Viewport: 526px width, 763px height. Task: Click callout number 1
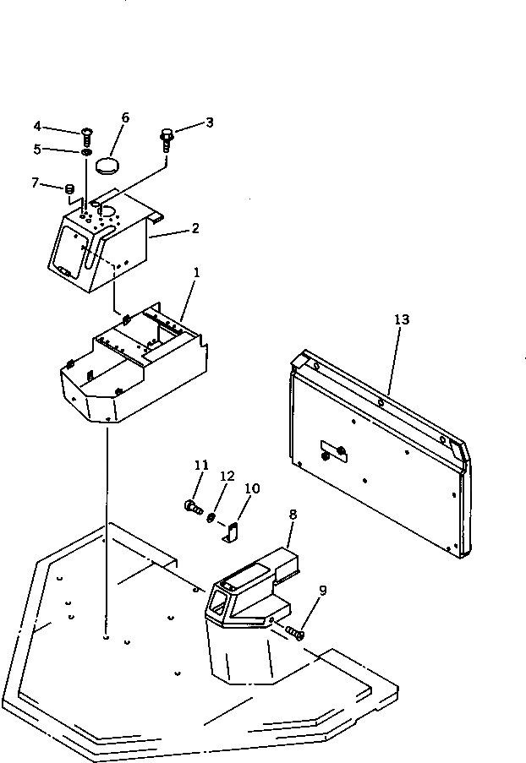(x=197, y=274)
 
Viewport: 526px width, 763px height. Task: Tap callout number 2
(x=195, y=228)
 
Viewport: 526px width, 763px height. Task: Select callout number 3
(x=209, y=123)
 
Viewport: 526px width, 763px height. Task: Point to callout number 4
(x=37, y=127)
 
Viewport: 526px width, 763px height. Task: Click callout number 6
(x=125, y=118)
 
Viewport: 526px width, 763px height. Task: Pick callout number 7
(x=35, y=183)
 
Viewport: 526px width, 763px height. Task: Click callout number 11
(x=200, y=465)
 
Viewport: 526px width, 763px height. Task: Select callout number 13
(x=401, y=319)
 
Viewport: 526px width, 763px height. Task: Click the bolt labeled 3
(x=167, y=139)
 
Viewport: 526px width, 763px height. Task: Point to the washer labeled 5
(x=87, y=153)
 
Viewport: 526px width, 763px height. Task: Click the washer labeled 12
(x=211, y=515)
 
